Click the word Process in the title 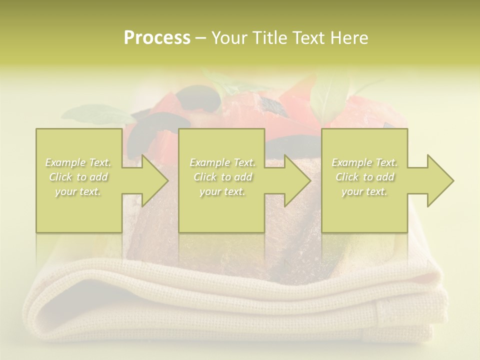click(x=157, y=38)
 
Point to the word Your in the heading click(x=230, y=38)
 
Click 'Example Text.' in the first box click(x=78, y=162)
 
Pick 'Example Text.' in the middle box click(x=222, y=162)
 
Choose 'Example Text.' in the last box click(x=364, y=162)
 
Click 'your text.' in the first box click(x=78, y=191)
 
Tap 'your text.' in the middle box click(x=222, y=191)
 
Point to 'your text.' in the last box click(x=364, y=191)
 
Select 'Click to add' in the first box click(x=78, y=177)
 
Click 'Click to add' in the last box click(x=365, y=177)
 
